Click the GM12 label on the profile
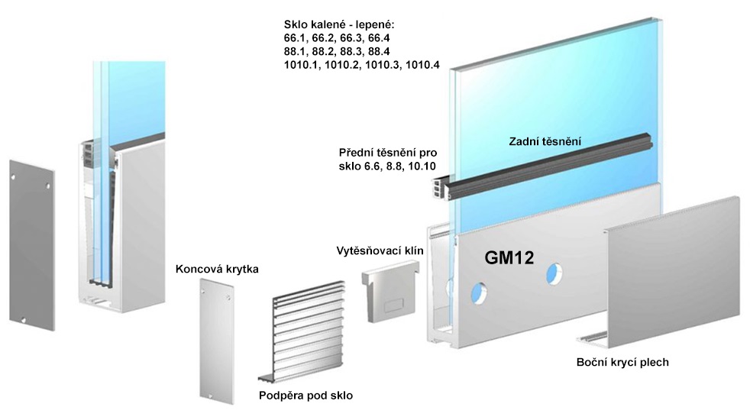[x=509, y=258]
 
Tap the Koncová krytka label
[x=217, y=269]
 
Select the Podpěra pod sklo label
[x=305, y=396]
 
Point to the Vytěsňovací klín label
[x=380, y=250]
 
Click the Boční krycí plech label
[x=622, y=362]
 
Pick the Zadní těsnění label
[x=545, y=141]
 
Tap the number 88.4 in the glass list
[x=378, y=51]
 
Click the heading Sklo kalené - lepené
[x=339, y=24]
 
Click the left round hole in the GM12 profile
[x=478, y=292]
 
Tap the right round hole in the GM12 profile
[x=554, y=273]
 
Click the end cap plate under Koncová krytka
[x=217, y=341]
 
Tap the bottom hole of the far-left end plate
[x=21, y=319]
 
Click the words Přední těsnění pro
[x=388, y=153]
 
